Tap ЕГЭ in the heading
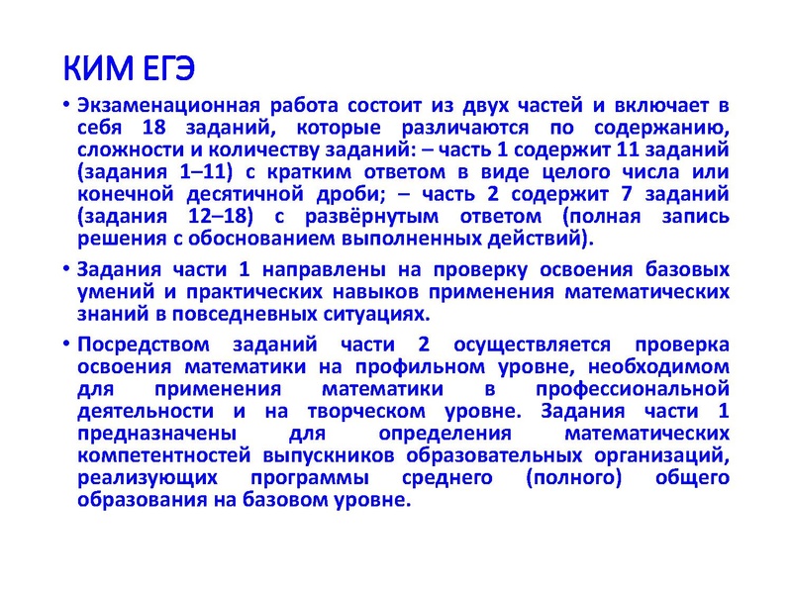162,68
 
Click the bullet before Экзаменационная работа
65,106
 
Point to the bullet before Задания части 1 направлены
65,269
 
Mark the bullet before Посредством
65,344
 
